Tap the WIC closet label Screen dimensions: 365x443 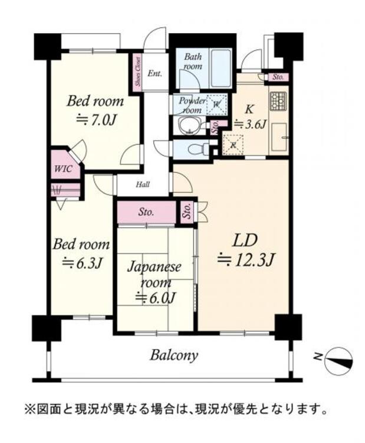point(63,169)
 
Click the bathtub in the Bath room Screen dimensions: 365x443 point(221,69)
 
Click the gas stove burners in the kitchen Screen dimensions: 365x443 point(279,101)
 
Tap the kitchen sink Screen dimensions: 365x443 point(279,137)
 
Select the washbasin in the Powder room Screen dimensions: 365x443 point(189,126)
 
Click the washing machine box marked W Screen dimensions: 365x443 point(216,104)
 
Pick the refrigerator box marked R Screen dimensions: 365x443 point(233,145)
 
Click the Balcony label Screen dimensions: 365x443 point(174,355)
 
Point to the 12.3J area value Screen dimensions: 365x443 point(246,260)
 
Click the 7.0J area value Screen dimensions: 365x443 point(96,120)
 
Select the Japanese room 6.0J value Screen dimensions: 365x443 point(156,297)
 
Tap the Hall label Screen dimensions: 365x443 point(143,185)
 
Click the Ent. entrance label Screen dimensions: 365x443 point(155,74)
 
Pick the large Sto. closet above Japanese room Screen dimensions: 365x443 point(146,212)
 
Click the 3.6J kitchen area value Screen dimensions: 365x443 point(251,124)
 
